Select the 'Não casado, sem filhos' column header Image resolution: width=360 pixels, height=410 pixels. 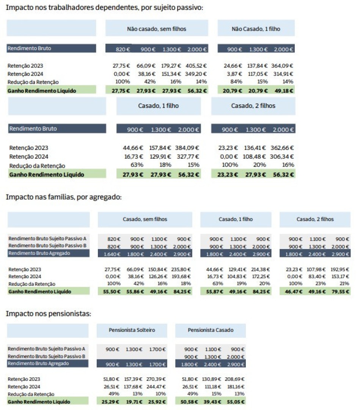click(x=157, y=28)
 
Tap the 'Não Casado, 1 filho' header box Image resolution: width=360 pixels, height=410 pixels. click(x=256, y=28)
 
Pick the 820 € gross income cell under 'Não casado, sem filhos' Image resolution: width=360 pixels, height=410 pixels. click(x=123, y=49)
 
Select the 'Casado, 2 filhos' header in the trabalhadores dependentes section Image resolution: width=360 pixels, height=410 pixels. click(x=253, y=106)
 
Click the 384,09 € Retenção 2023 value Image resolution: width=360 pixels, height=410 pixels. click(x=187, y=148)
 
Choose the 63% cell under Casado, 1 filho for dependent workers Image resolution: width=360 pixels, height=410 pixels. click(x=137, y=165)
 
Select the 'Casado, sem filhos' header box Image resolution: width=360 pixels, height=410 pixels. click(x=145, y=219)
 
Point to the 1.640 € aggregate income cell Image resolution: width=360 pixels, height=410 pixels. click(x=112, y=253)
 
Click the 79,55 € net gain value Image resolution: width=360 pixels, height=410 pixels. click(x=339, y=292)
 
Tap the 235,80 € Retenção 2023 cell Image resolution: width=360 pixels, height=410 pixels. click(x=182, y=270)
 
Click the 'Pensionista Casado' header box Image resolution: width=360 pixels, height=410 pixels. click(x=211, y=330)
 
